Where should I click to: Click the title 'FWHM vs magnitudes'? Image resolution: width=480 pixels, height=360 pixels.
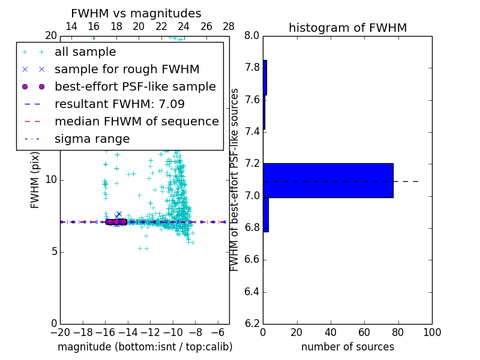point(136,13)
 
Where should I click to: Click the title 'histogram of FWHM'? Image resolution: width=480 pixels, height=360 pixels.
point(347,28)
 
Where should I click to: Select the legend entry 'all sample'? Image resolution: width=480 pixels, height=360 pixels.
point(85,52)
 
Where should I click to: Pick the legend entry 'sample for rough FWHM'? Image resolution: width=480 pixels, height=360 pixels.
point(127,70)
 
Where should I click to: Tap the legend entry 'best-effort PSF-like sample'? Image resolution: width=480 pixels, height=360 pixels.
point(135,87)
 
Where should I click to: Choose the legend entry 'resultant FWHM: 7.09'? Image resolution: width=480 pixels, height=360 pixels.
point(119,104)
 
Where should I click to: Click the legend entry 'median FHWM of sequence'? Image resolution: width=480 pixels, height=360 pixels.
point(136,122)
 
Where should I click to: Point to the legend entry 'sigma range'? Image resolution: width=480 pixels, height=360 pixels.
point(92,139)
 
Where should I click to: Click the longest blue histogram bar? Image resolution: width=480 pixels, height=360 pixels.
point(328,180)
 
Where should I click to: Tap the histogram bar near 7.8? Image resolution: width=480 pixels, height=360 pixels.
point(265,77)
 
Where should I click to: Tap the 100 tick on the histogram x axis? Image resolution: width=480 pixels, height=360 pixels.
point(431,332)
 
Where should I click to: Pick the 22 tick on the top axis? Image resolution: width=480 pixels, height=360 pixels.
point(161,26)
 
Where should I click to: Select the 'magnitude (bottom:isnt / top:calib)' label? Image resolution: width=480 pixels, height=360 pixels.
point(145,347)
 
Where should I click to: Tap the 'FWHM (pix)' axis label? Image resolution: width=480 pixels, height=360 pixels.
point(35,180)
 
